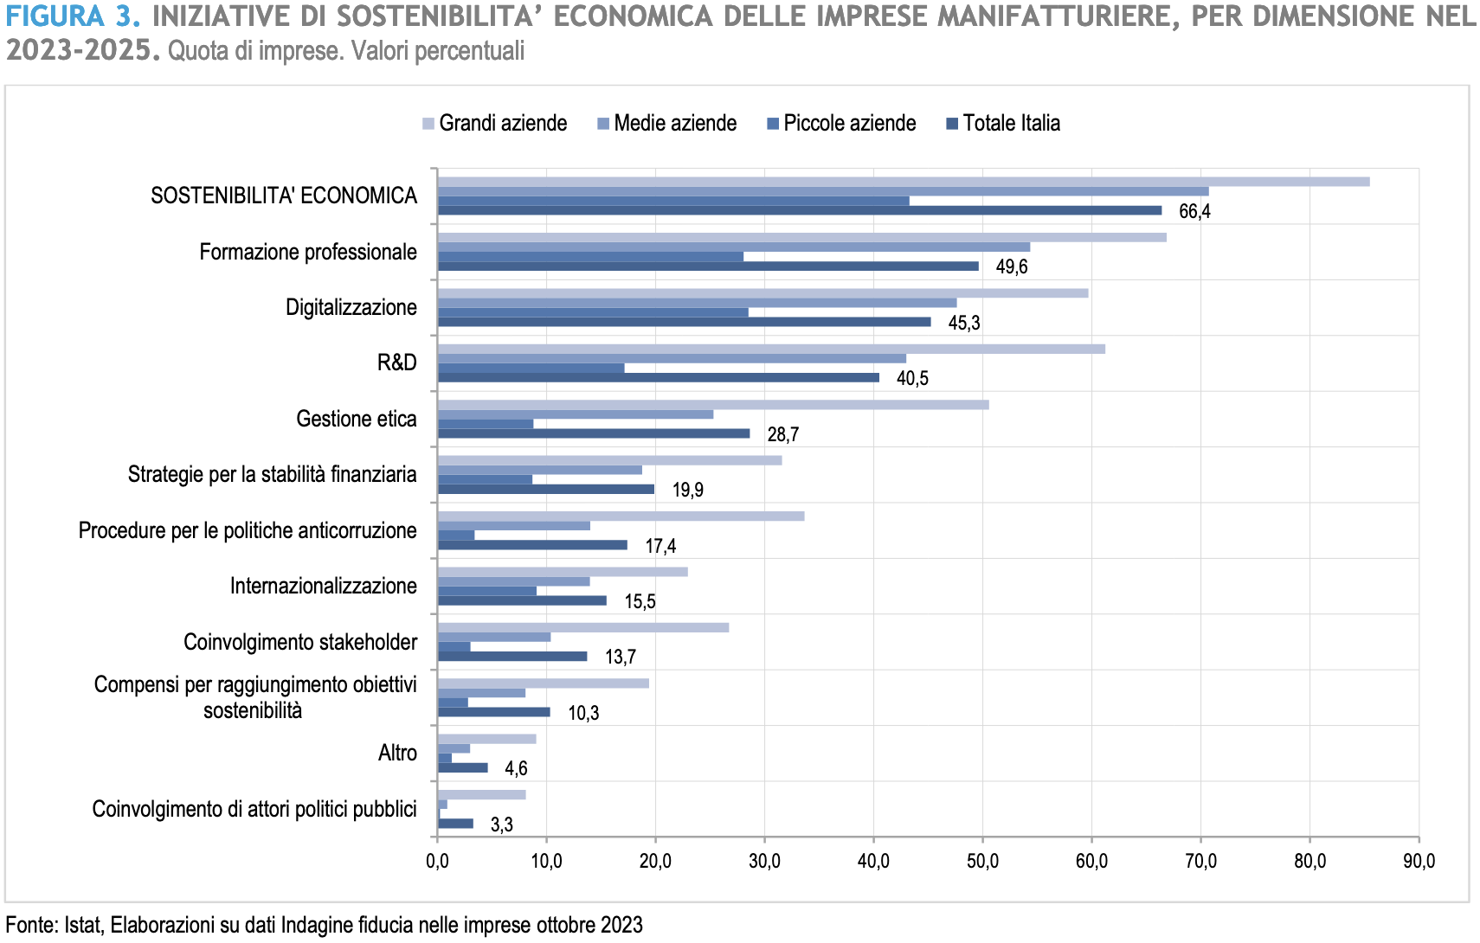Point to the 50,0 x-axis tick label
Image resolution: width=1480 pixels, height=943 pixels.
point(982,862)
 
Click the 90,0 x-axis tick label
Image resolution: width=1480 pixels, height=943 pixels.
point(1419,862)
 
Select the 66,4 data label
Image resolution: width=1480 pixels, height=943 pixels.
point(1194,212)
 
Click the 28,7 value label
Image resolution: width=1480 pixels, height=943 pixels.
point(782,434)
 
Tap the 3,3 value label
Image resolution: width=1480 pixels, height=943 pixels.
point(501,824)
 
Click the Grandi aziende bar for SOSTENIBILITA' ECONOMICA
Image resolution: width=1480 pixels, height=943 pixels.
point(904,182)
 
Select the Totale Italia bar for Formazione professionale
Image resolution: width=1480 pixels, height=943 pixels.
point(708,266)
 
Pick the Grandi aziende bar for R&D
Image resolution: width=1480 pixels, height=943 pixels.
point(771,349)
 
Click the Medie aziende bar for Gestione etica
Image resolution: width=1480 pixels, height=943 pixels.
point(576,414)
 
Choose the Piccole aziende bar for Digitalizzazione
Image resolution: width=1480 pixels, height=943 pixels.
point(593,312)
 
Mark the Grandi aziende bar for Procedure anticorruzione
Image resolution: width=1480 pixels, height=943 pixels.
point(621,516)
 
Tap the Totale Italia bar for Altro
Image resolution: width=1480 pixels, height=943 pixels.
point(463,767)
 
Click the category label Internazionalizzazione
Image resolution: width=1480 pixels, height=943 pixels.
point(323,587)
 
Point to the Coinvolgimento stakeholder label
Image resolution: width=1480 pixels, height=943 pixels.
point(300,642)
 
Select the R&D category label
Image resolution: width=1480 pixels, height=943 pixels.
point(396,363)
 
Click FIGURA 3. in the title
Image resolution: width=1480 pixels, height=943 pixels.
point(73,16)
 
